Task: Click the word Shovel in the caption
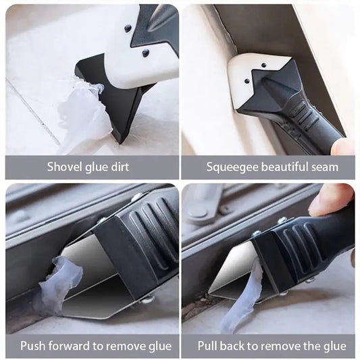[65, 167]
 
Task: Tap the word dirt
[120, 167]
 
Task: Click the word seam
[325, 168]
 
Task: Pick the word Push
[33, 346]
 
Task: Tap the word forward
[70, 346]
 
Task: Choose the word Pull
[207, 346]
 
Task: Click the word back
[232, 346]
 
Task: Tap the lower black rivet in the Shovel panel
[145, 53]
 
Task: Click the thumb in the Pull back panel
[330, 201]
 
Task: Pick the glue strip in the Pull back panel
[241, 299]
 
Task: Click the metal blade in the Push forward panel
[92, 282]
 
